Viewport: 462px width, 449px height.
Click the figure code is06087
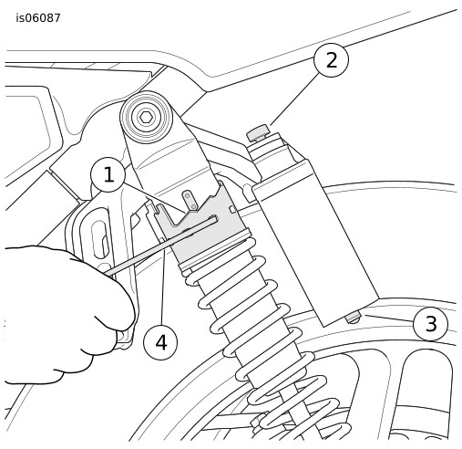[x=38, y=18]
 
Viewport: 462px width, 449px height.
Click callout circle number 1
[x=108, y=174]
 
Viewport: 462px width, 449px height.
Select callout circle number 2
[x=331, y=60]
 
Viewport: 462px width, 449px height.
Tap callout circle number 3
[x=431, y=323]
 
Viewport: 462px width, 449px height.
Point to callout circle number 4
[x=160, y=342]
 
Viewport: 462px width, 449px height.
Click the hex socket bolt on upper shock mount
[x=147, y=117]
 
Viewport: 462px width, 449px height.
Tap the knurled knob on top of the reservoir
[x=258, y=133]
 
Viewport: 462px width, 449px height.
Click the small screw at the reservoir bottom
[x=354, y=318]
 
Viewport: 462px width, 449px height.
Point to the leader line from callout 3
[x=389, y=318]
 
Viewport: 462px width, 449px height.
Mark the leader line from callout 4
[x=163, y=287]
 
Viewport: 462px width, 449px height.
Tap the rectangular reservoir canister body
[x=316, y=244]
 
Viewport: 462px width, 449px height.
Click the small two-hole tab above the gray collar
[x=190, y=201]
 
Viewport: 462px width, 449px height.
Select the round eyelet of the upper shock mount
[x=147, y=117]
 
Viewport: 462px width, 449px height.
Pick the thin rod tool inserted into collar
[x=161, y=245]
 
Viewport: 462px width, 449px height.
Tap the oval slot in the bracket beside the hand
[x=101, y=240]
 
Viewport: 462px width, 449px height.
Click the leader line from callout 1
[x=154, y=197]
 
